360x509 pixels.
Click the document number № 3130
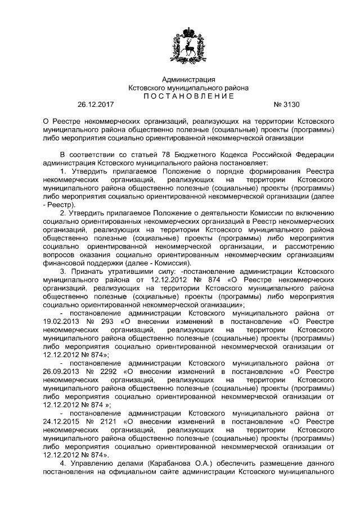click(x=287, y=105)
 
